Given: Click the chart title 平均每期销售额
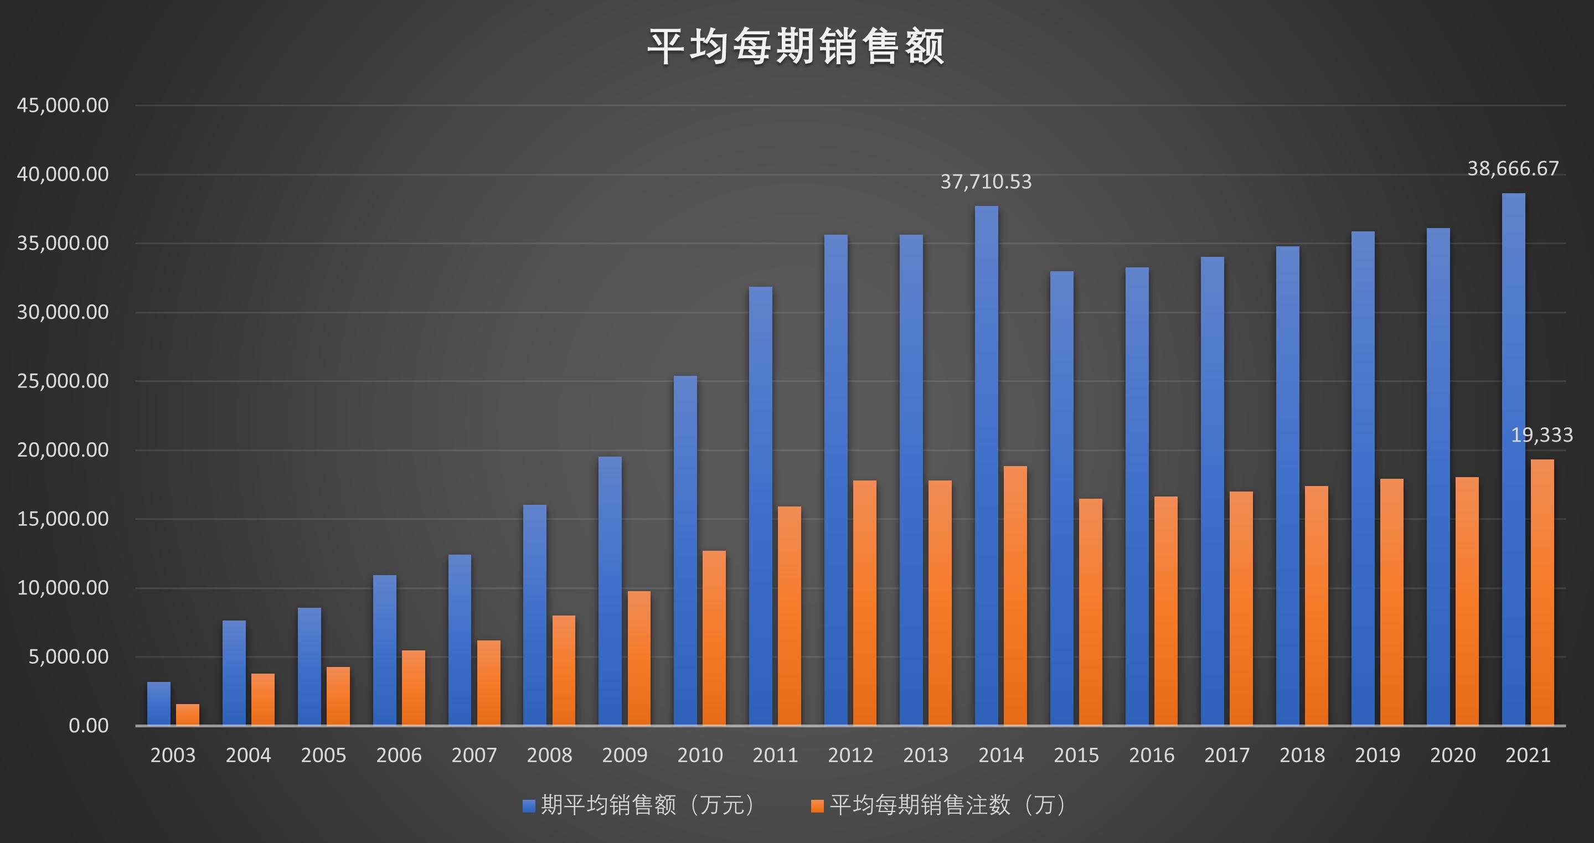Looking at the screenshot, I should coord(796,47).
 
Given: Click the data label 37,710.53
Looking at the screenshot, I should coord(986,182).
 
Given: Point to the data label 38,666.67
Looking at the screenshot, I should coord(1513,169).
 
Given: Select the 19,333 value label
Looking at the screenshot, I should coord(1541,436).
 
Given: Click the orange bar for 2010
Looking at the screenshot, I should coord(714,638).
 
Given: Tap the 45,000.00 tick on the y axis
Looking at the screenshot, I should coord(63,105).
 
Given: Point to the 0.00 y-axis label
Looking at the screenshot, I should coord(88,726).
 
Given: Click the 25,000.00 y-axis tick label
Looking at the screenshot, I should coord(63,381).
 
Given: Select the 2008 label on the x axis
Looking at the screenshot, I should coord(549,755).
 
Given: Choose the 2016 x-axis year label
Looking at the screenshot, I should coord(1151,755).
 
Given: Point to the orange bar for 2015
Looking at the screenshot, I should coord(1090,612).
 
